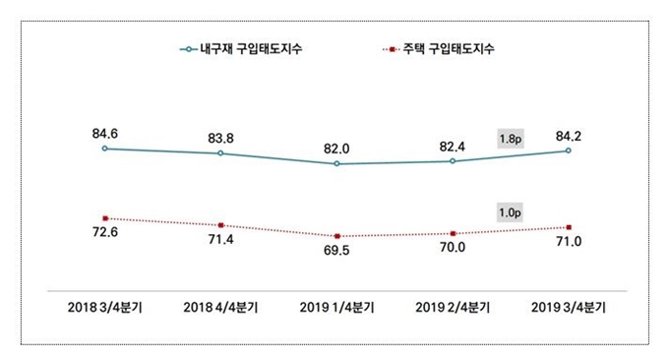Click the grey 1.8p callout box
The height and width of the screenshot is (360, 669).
(x=511, y=140)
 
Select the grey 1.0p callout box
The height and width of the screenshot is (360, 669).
(x=511, y=212)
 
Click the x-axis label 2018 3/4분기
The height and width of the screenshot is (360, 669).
(x=104, y=307)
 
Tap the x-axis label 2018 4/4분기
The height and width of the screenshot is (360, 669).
(x=220, y=307)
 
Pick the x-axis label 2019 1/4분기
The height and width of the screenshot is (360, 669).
(x=336, y=307)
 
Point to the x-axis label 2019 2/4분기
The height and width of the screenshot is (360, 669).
(x=453, y=307)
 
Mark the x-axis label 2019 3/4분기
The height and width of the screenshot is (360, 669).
(x=569, y=307)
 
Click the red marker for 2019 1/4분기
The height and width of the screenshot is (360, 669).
(x=336, y=236)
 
